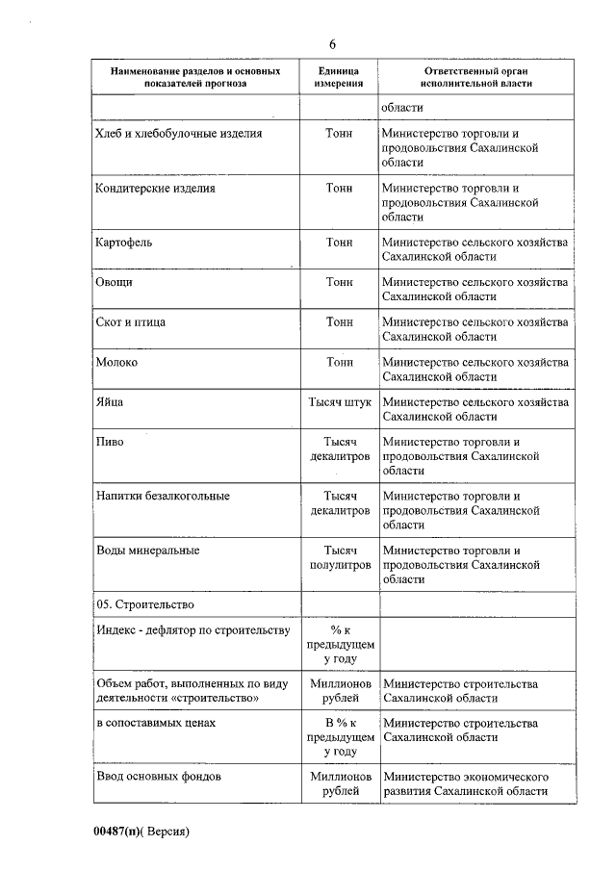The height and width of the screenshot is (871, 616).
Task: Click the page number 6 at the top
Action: tap(332, 45)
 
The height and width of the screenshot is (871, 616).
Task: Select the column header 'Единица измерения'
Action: tap(338, 77)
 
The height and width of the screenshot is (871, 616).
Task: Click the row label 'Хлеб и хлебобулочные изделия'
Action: tap(179, 134)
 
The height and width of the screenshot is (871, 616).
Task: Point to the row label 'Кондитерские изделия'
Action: tap(155, 189)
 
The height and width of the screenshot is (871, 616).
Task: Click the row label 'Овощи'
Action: tap(115, 282)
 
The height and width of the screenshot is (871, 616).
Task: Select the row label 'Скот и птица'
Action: tap(131, 321)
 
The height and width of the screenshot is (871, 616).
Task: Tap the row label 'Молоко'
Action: tap(117, 362)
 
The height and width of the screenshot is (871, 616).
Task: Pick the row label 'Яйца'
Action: tap(110, 401)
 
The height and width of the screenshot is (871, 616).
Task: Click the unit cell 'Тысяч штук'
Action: tap(339, 401)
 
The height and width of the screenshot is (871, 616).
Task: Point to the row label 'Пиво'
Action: tap(110, 442)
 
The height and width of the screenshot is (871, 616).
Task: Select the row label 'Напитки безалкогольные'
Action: tap(163, 496)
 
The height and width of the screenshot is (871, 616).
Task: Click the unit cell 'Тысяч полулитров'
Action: tap(339, 558)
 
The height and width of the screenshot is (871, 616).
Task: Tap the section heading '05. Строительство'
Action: tap(145, 604)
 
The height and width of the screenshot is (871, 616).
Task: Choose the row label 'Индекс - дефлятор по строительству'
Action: tap(192, 630)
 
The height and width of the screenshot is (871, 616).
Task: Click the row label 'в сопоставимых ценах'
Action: tap(155, 723)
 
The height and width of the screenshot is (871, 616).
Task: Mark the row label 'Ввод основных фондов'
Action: tap(159, 775)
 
